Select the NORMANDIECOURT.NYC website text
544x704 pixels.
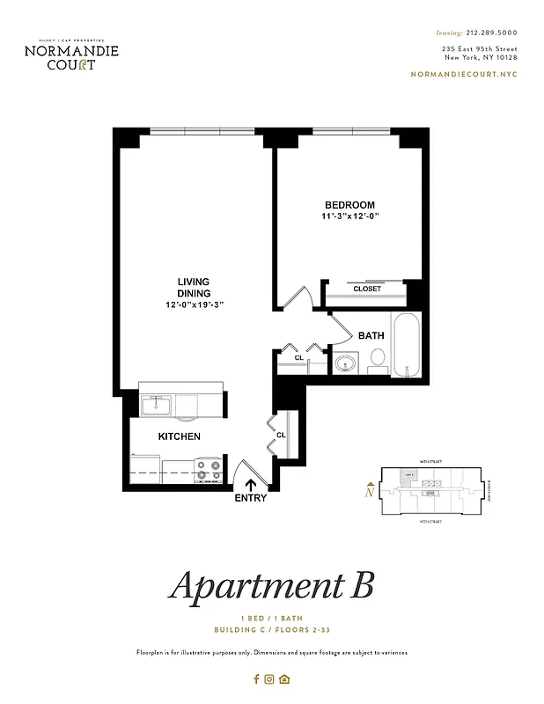[x=464, y=75]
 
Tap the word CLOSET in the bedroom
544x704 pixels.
[x=367, y=289]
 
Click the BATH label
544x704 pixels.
[x=371, y=335]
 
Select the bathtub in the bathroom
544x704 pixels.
[x=406, y=346]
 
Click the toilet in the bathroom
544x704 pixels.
[x=377, y=358]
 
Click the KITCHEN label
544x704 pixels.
[x=179, y=436]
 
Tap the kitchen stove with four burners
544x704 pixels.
[x=209, y=470]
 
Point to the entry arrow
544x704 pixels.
[x=251, y=483]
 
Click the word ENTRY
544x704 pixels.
[x=250, y=498]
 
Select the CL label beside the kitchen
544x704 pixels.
[x=281, y=435]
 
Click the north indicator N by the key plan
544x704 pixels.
[x=369, y=493]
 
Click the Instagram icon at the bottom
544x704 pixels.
[x=270, y=678]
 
